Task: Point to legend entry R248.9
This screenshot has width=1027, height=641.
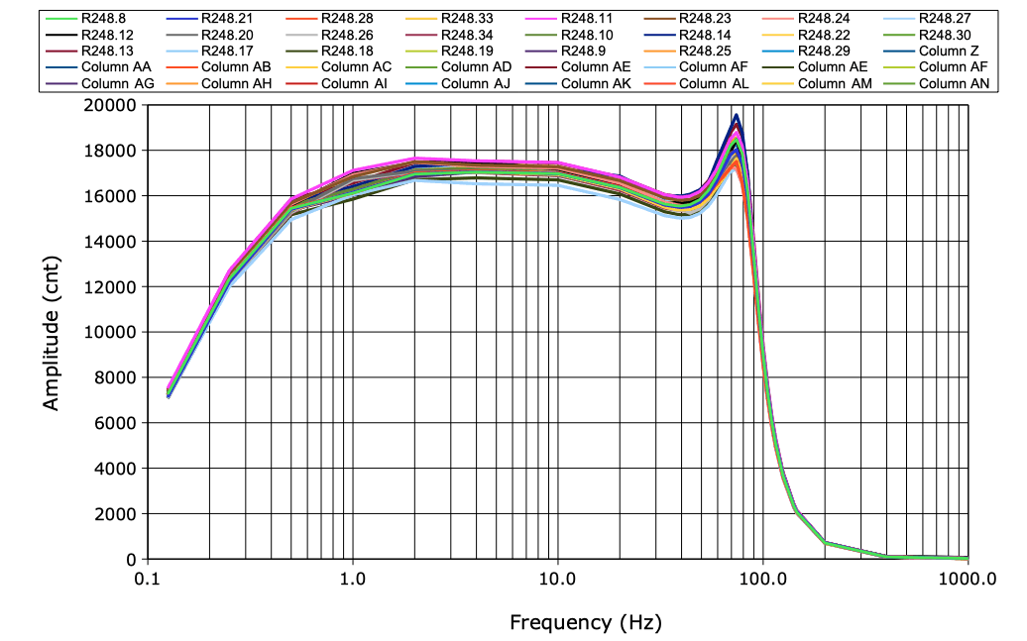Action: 582,51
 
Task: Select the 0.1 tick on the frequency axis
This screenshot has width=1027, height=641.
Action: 148,580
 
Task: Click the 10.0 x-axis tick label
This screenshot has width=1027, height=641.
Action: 557,580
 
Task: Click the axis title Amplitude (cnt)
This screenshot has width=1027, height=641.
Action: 52,332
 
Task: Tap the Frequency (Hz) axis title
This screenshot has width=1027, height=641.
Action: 585,622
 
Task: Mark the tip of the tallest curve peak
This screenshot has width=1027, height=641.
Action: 736,115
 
